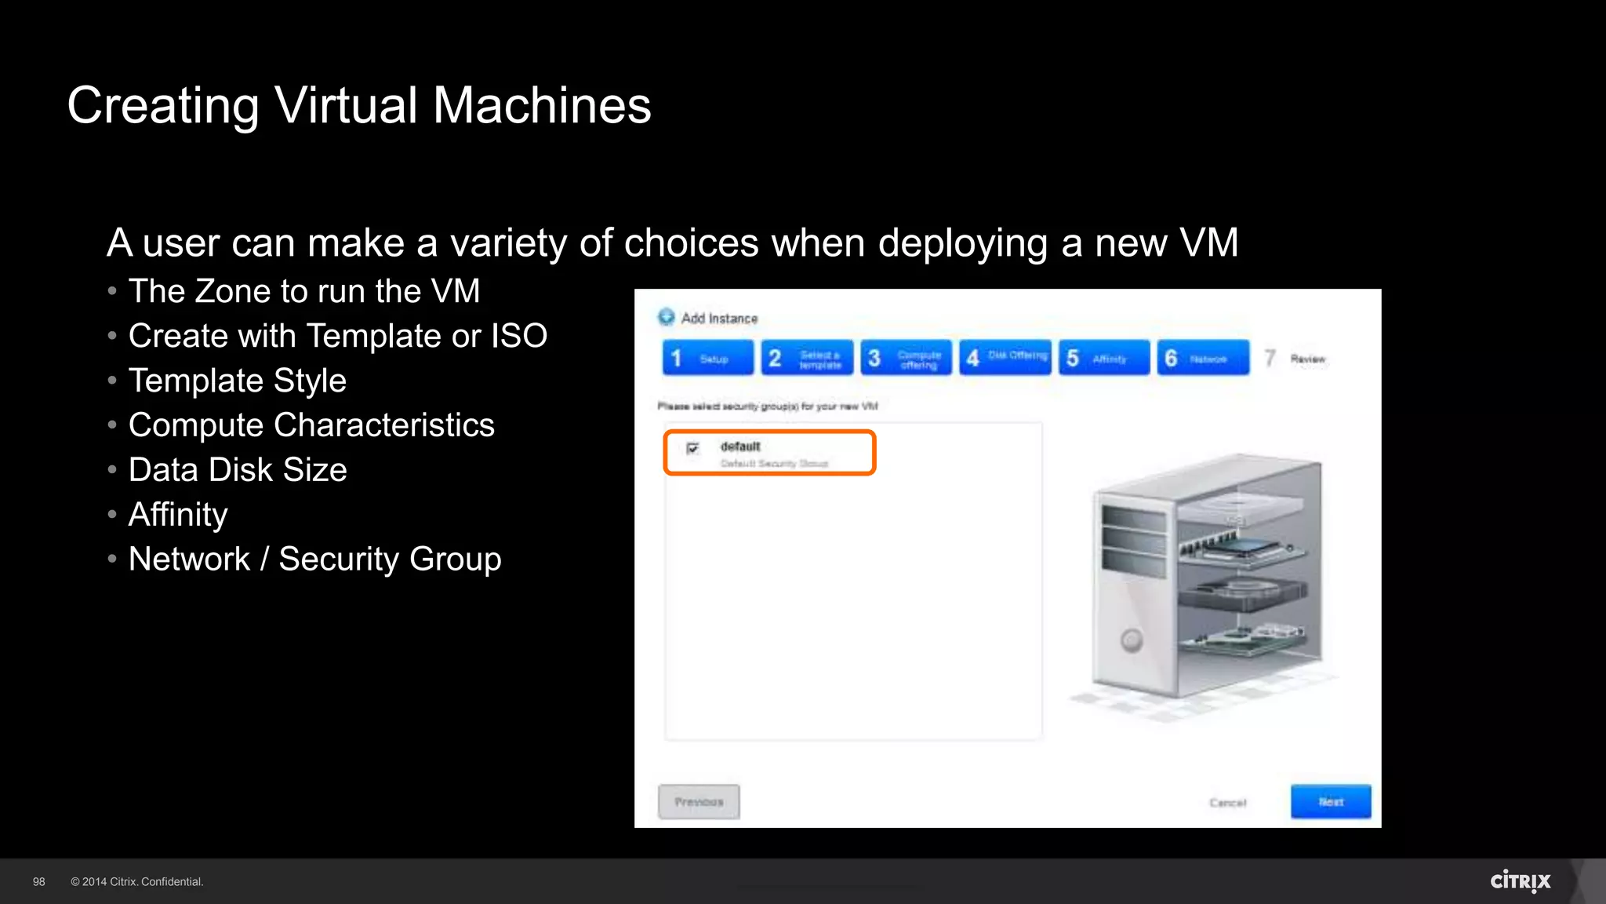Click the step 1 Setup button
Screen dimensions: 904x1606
[707, 358]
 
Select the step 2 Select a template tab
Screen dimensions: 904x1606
[807, 358]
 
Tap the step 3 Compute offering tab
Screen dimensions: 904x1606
[906, 358]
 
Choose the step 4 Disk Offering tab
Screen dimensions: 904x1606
[1005, 358]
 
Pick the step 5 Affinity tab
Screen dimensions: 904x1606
[1104, 358]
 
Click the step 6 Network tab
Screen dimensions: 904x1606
[1203, 358]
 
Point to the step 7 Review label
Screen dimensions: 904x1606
[1306, 359]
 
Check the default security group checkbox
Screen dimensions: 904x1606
[692, 448]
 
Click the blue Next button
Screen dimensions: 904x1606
[1331, 801]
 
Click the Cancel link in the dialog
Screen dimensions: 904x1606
[1227, 802]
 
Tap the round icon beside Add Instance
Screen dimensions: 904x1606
[667, 317]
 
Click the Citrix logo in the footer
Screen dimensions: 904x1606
[1520, 880]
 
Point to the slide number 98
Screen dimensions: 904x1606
[39, 881]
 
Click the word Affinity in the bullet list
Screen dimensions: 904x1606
[178, 515]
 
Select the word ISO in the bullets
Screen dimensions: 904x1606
[519, 336]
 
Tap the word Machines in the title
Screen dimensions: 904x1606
[542, 105]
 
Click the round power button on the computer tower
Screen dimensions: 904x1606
[1131, 640]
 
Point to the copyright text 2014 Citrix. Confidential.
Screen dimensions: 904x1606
[137, 881]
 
